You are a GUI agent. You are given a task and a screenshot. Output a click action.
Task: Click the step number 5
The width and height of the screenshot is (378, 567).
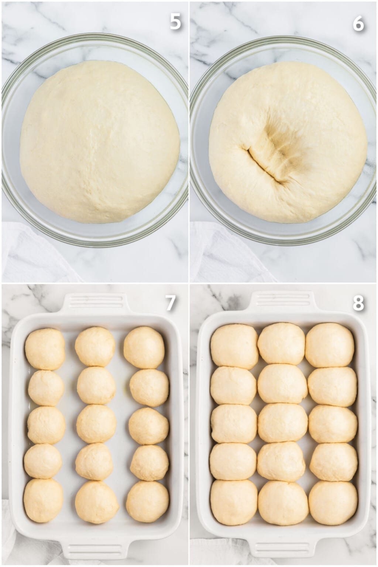point(175,22)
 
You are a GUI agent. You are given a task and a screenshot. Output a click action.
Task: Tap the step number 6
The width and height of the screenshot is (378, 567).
point(358,24)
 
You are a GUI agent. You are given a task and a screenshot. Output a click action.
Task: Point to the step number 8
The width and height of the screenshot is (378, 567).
point(358,303)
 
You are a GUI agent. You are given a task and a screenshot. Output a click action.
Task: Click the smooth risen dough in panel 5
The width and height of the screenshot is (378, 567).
point(100,142)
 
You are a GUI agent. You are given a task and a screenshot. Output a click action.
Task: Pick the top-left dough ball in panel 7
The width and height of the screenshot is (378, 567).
point(45,349)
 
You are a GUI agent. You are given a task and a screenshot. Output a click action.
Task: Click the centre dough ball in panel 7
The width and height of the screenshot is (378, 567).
point(96,423)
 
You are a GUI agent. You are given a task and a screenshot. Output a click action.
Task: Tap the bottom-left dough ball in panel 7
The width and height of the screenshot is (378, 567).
point(44,500)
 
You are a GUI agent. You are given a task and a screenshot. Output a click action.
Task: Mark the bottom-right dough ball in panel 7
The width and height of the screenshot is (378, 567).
point(147,501)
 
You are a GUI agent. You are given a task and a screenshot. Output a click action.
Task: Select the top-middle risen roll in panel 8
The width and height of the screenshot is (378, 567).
point(282,343)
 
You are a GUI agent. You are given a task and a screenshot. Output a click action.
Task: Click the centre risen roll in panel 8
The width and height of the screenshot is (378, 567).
point(282,423)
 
